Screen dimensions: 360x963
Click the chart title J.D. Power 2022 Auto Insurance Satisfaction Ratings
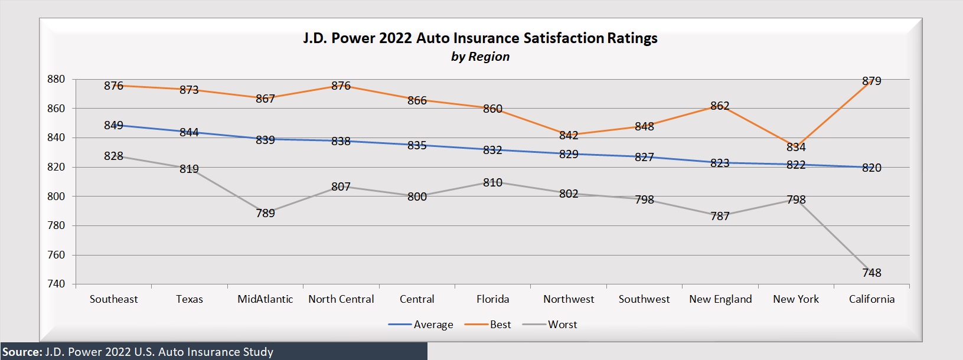480,38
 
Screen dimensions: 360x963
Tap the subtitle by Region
480,57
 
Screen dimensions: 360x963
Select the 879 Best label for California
871,81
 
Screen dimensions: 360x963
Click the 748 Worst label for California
871,273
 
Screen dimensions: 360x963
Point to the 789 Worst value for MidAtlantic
265,213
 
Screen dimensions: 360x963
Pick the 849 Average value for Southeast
113,125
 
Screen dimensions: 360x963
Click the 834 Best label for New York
796,147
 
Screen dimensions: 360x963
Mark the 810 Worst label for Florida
492,183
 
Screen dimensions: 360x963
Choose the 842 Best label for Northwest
569,136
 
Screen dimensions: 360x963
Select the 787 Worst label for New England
720,216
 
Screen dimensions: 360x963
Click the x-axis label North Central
341,299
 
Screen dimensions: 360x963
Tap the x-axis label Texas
190,299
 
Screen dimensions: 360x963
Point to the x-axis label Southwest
644,299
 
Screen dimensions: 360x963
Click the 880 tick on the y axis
56,79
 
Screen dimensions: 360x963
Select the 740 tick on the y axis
56,284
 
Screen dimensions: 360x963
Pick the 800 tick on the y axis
56,197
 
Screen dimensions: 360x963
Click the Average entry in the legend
433,325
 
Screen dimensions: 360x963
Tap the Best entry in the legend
500,325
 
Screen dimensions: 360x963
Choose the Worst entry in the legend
562,325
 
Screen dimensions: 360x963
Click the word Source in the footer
21,352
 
